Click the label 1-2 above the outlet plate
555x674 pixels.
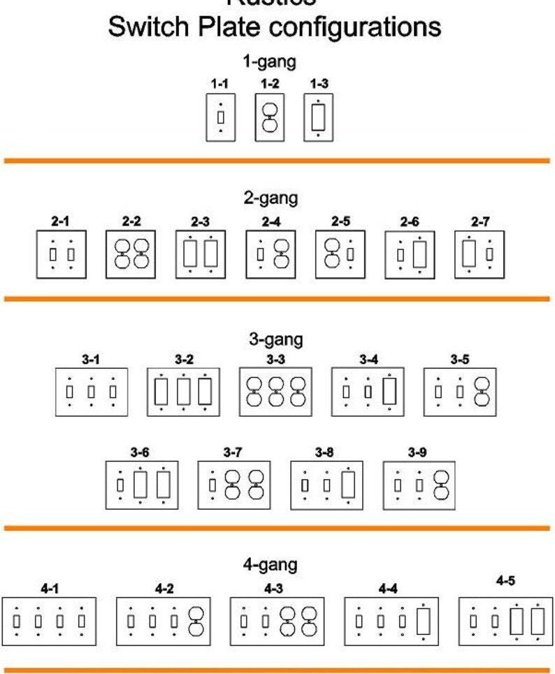point(270,84)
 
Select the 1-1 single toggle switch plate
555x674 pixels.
point(220,118)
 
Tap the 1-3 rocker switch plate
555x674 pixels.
point(318,118)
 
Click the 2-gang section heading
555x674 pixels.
point(271,198)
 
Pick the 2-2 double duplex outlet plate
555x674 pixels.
point(131,255)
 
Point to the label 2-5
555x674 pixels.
point(340,221)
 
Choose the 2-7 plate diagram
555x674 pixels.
point(480,255)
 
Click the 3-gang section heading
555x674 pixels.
point(275,339)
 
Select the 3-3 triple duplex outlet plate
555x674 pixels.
point(276,392)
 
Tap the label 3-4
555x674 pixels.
point(368,360)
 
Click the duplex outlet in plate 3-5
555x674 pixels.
point(482,392)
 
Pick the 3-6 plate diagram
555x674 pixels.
point(142,484)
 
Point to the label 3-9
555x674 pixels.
point(417,453)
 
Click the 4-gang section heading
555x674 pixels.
point(270,564)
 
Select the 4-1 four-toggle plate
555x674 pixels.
point(49,620)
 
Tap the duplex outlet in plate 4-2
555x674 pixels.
point(196,620)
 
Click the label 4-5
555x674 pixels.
point(505,581)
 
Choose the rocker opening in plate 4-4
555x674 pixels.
point(423,620)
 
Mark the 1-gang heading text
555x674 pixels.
point(269,61)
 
